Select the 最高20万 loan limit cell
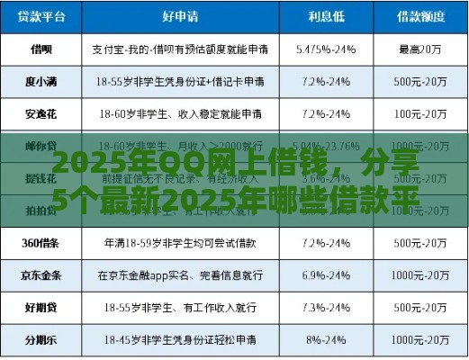[x=422, y=49]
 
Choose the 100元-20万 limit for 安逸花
[x=422, y=114]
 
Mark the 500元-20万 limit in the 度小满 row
[x=422, y=82]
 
